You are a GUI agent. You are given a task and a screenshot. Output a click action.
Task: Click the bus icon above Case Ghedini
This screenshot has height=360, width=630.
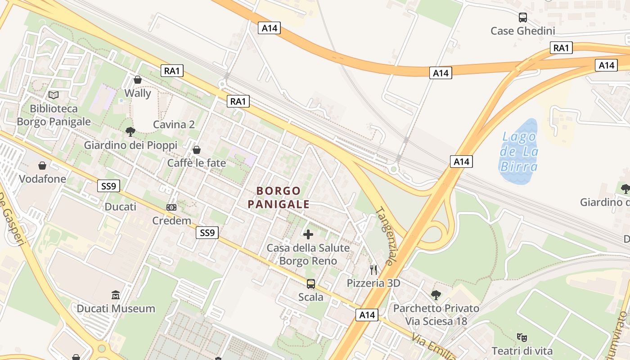(x=522, y=18)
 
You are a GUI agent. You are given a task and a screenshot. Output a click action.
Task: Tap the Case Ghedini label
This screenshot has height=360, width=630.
(x=522, y=31)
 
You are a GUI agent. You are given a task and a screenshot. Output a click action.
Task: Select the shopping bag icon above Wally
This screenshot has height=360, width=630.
(x=138, y=80)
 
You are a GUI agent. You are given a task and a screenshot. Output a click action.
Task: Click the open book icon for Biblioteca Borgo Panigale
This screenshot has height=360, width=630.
(x=54, y=95)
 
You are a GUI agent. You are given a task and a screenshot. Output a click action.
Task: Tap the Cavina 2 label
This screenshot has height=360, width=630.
(x=174, y=125)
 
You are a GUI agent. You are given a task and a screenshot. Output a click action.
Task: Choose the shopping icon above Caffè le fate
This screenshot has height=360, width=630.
(x=197, y=149)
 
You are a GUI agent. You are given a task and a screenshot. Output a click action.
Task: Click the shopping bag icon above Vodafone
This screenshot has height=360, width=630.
(x=42, y=166)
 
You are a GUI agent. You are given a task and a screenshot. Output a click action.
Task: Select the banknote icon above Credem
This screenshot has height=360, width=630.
(x=171, y=207)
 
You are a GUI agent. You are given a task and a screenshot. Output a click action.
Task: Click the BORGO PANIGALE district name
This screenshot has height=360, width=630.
(x=279, y=198)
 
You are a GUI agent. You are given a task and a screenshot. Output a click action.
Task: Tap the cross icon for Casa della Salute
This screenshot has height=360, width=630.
(x=308, y=234)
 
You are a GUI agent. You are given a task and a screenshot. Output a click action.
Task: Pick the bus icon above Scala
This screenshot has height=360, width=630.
(x=311, y=284)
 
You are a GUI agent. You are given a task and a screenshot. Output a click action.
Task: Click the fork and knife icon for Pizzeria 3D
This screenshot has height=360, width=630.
(x=373, y=270)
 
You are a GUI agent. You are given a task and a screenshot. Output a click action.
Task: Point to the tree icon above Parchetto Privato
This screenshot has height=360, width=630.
(x=436, y=295)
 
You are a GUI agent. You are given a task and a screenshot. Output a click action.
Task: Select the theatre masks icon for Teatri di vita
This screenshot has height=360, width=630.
(x=522, y=337)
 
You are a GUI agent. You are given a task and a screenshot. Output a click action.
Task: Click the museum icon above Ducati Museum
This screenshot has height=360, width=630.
(x=116, y=295)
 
